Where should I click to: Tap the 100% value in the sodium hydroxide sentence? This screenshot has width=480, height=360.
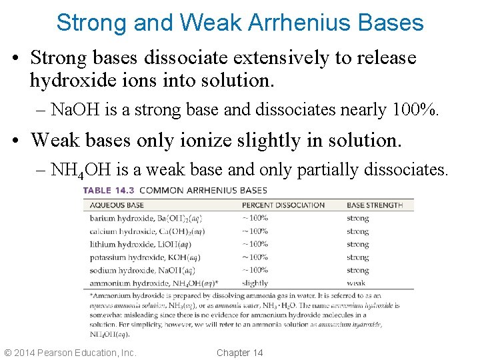click(x=416, y=109)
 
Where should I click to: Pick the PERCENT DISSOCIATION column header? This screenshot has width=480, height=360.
click(x=283, y=205)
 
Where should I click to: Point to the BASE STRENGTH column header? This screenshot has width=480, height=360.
click(x=375, y=205)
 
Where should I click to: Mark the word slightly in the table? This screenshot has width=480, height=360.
click(x=255, y=283)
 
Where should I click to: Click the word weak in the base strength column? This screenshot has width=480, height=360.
click(x=356, y=283)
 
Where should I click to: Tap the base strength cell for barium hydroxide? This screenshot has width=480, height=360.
click(x=357, y=218)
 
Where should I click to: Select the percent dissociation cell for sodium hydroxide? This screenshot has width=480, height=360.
click(x=255, y=270)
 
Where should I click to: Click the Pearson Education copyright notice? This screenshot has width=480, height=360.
click(x=70, y=353)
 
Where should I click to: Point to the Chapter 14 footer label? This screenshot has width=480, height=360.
click(x=240, y=353)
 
